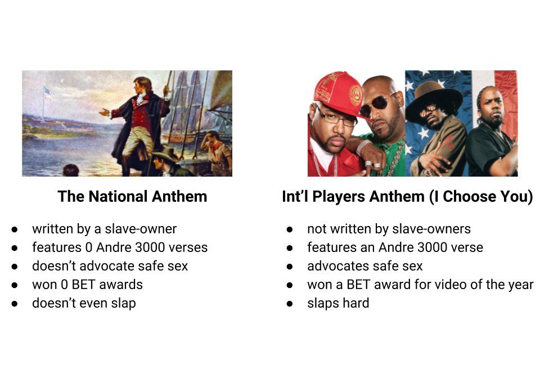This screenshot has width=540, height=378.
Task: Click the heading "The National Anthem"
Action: click(132, 196)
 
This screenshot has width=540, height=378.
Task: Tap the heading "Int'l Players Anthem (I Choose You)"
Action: click(407, 196)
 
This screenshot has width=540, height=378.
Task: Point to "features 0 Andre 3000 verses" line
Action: click(120, 247)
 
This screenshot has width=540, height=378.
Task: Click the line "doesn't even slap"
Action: click(84, 303)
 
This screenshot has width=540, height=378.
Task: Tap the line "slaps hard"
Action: click(338, 303)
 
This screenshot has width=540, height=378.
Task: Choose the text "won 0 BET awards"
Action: click(88, 285)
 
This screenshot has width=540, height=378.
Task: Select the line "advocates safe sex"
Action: click(364, 266)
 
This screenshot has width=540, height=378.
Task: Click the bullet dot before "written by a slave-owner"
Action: click(15, 229)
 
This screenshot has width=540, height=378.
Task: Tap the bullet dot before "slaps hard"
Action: click(290, 304)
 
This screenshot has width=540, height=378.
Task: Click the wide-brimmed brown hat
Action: click(434, 100)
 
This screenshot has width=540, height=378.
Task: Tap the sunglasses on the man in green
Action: click(377, 105)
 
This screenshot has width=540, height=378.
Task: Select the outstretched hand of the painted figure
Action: click(104, 112)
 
